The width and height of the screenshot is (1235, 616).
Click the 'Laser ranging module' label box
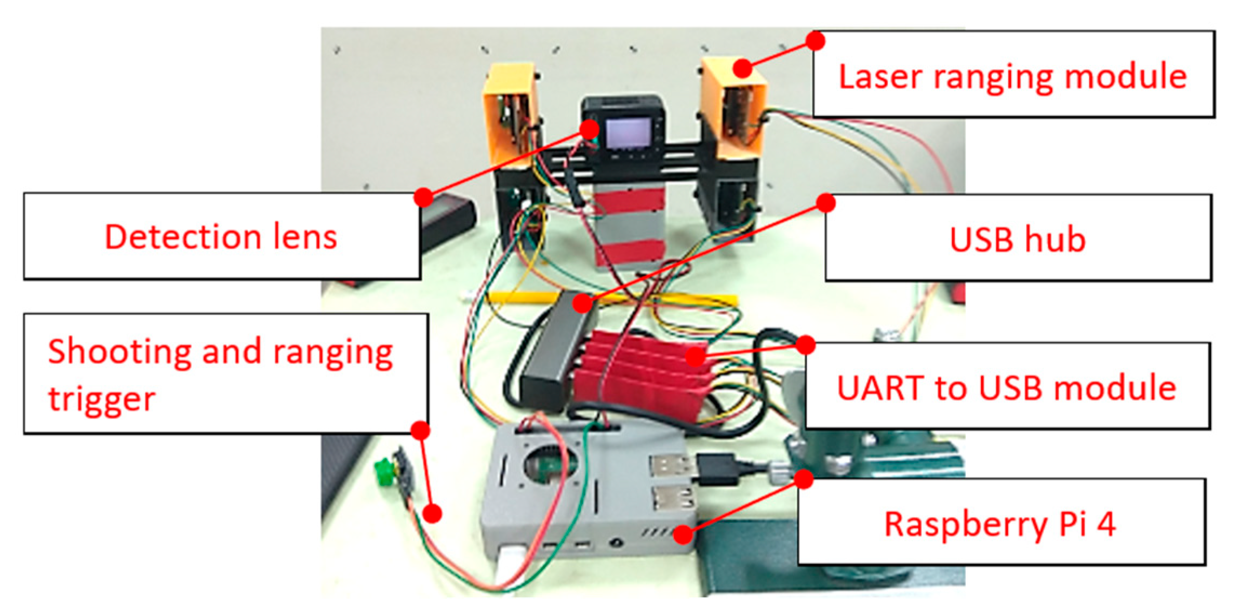tap(1013, 75)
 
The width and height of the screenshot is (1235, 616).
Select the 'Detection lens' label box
tap(222, 236)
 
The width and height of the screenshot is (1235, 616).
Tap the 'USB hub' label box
tap(1018, 238)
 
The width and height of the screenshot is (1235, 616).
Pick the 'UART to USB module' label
tap(1007, 387)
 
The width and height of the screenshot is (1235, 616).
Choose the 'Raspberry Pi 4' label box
tap(1000, 523)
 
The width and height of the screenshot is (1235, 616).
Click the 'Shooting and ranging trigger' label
tap(222, 373)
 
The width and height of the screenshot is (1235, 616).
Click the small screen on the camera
tap(627, 133)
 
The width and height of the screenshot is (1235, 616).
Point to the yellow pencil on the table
tap(611, 297)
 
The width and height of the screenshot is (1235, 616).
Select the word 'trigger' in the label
tap(102, 399)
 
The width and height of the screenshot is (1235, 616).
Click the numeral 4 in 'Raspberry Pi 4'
tap(1106, 523)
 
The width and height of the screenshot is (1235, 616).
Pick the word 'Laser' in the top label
tap(880, 76)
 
